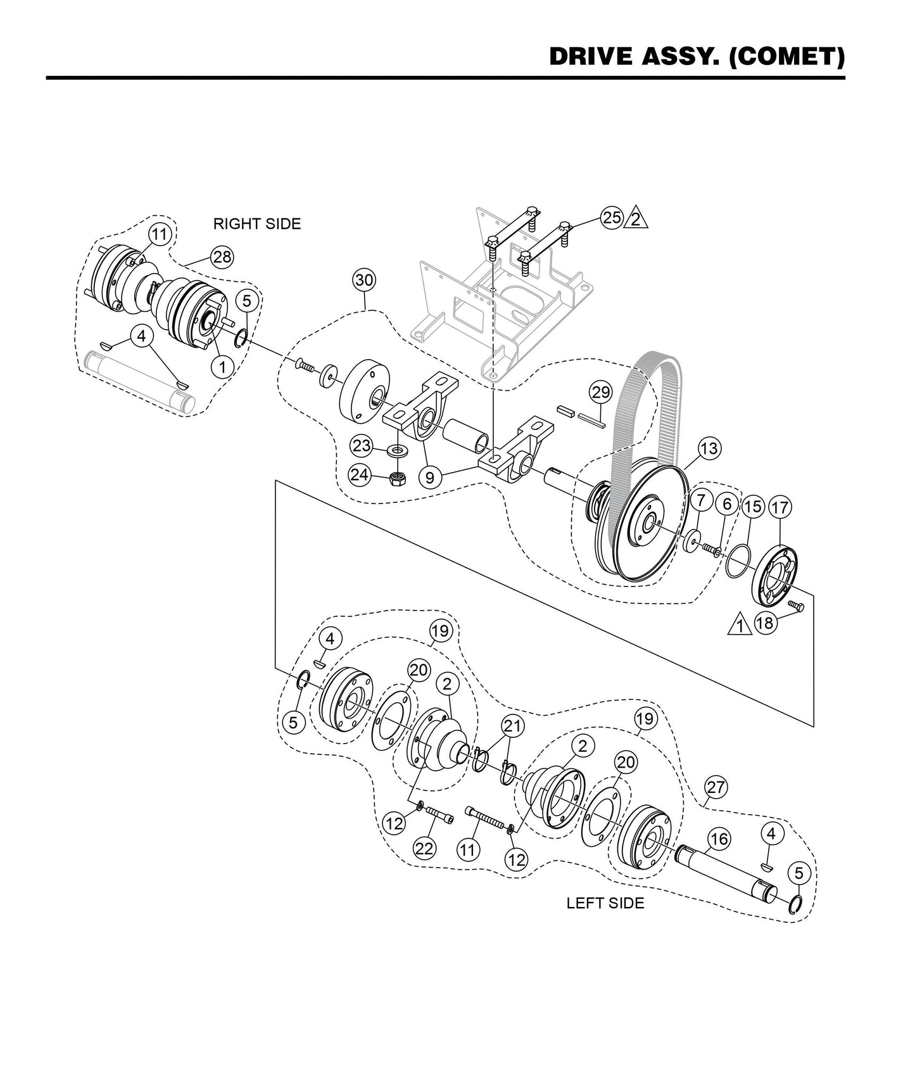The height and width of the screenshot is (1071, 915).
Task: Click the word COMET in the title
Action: point(786,57)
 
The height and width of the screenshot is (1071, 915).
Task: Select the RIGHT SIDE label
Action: point(256,224)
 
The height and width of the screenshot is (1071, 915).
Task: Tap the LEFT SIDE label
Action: point(605,903)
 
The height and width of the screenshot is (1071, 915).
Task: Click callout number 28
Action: point(222,257)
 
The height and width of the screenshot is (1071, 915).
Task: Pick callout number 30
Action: point(365,280)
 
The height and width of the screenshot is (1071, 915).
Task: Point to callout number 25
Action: point(611,218)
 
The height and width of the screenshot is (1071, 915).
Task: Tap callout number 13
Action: point(709,448)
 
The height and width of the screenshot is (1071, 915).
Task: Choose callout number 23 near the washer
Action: point(362,445)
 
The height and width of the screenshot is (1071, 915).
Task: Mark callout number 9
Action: point(430,476)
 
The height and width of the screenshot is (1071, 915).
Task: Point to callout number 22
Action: point(424,848)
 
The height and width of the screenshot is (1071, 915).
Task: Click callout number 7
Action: point(700,500)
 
